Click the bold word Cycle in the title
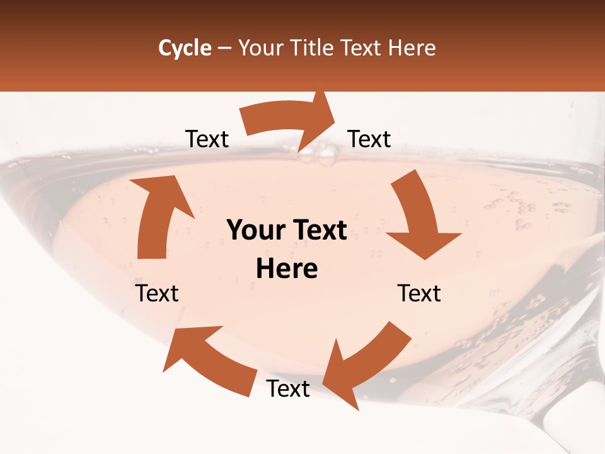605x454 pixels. point(185,48)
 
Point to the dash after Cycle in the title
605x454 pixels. point(224,48)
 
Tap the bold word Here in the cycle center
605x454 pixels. point(287,269)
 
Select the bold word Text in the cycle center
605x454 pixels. point(318,231)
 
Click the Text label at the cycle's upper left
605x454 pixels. point(207,139)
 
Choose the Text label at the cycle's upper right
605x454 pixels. point(369,139)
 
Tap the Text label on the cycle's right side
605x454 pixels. point(419,293)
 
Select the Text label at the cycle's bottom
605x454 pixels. point(288,389)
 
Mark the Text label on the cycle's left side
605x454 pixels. point(157,293)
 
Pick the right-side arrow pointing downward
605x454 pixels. point(419,218)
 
